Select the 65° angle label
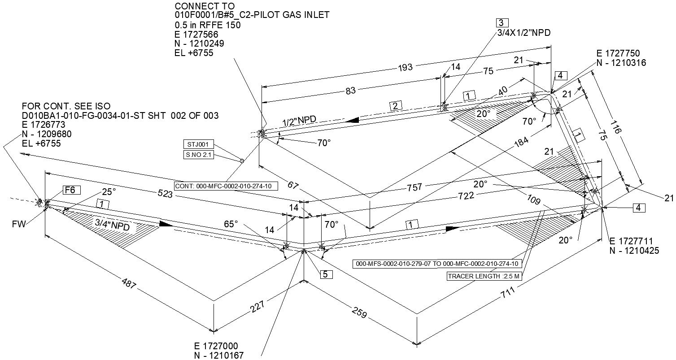click(x=231, y=224)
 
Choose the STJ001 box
click(x=198, y=145)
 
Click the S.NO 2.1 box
click(x=199, y=155)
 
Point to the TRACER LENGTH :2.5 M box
click(x=484, y=276)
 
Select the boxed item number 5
click(x=326, y=274)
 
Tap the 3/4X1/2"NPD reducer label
click(x=523, y=33)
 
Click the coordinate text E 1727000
click(x=216, y=346)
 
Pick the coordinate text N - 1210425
click(x=634, y=251)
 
